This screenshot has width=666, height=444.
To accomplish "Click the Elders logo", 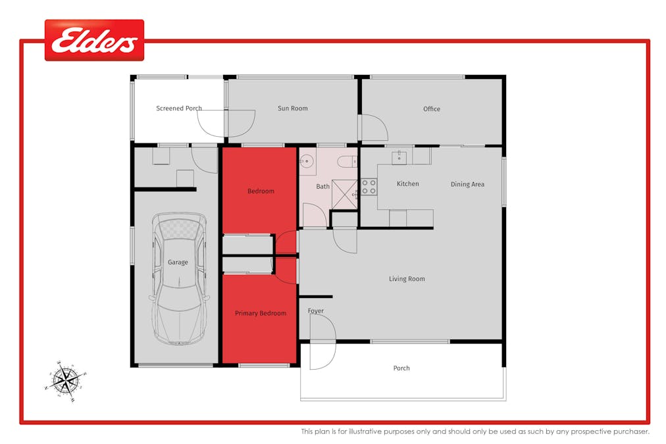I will pos(94,40).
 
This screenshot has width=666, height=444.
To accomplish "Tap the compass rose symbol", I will pos(65,380).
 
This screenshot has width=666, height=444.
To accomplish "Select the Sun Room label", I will pos(292,109).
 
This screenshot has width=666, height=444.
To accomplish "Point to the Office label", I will pos(432,109).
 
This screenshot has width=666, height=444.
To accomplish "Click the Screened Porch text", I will pos(179,109).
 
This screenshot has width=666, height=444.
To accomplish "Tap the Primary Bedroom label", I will pos(261,314).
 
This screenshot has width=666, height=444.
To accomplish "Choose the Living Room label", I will pos(407,279).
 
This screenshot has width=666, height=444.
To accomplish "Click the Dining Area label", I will pos(467,184).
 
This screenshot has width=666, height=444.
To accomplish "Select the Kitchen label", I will pos(408,184).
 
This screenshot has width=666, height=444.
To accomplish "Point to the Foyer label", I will pos(316,311).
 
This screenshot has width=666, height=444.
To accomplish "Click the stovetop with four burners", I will pos(369,187).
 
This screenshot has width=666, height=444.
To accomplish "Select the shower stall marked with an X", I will pos(344,193).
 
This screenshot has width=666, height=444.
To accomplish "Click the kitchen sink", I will pos(399,157).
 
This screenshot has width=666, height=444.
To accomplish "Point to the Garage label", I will pos(178,262).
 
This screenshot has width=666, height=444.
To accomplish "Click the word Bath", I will pos(322,187).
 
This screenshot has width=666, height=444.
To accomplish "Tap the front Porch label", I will pos(401,368).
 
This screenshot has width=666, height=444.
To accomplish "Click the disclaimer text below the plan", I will pos(475,432).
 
